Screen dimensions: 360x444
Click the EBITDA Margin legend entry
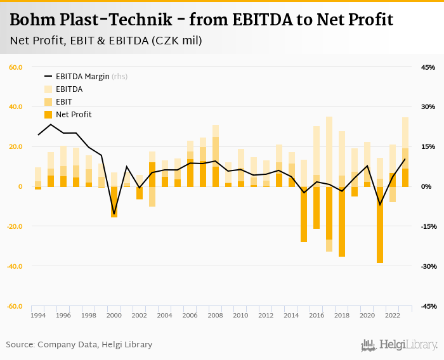pos(82,77)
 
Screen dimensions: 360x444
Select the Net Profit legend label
pos(74,115)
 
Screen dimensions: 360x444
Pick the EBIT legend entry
pos(63,102)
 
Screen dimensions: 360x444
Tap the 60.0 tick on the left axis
pos(16,67)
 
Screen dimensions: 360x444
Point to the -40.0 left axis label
pos(15,266)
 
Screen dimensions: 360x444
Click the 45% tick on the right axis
pos(428,67)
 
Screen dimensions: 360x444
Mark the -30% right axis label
pos(427,266)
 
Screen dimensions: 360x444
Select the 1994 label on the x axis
pos(38,315)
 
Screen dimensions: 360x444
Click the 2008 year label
pos(215,315)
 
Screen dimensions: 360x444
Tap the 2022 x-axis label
pos(393,315)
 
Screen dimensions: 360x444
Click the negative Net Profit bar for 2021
pos(380,225)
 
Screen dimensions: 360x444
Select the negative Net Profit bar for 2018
pos(342,222)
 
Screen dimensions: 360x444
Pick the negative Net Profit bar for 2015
pos(304,214)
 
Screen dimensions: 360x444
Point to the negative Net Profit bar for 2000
pos(114,202)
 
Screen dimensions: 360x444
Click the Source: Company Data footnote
pos(79,345)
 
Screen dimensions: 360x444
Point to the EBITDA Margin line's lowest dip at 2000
pos(114,214)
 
